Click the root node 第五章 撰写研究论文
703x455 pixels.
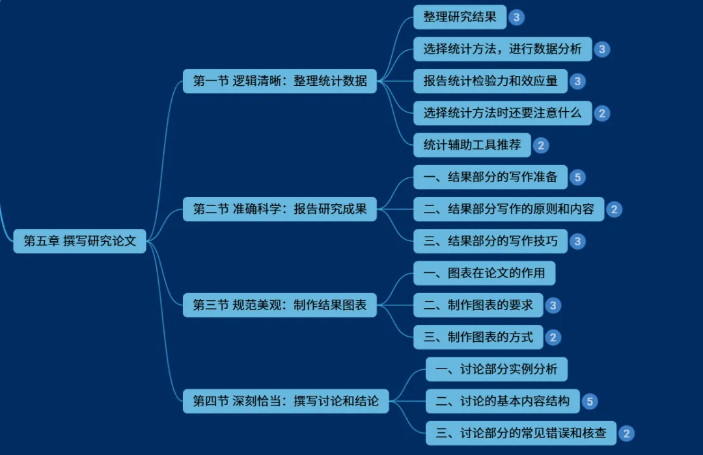click(80, 240)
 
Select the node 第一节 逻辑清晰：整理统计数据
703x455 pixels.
click(280, 81)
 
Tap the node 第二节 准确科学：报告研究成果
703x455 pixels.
click(280, 209)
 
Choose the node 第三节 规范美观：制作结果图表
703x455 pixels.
click(280, 305)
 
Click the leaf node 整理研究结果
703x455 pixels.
click(460, 17)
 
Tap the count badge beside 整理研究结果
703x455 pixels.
click(517, 18)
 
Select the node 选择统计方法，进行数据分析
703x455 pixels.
click(503, 49)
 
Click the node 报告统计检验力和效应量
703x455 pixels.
click(490, 81)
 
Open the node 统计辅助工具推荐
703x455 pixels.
click(472, 145)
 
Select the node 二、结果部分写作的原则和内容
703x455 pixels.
click(508, 209)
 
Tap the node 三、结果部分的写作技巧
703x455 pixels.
click(490, 241)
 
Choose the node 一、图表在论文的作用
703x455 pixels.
click(484, 273)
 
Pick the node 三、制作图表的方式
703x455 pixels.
click(478, 337)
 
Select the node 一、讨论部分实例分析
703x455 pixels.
click(497, 369)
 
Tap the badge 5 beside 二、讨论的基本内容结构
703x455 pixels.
click(590, 401)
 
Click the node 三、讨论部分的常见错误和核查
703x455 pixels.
click(521, 433)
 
